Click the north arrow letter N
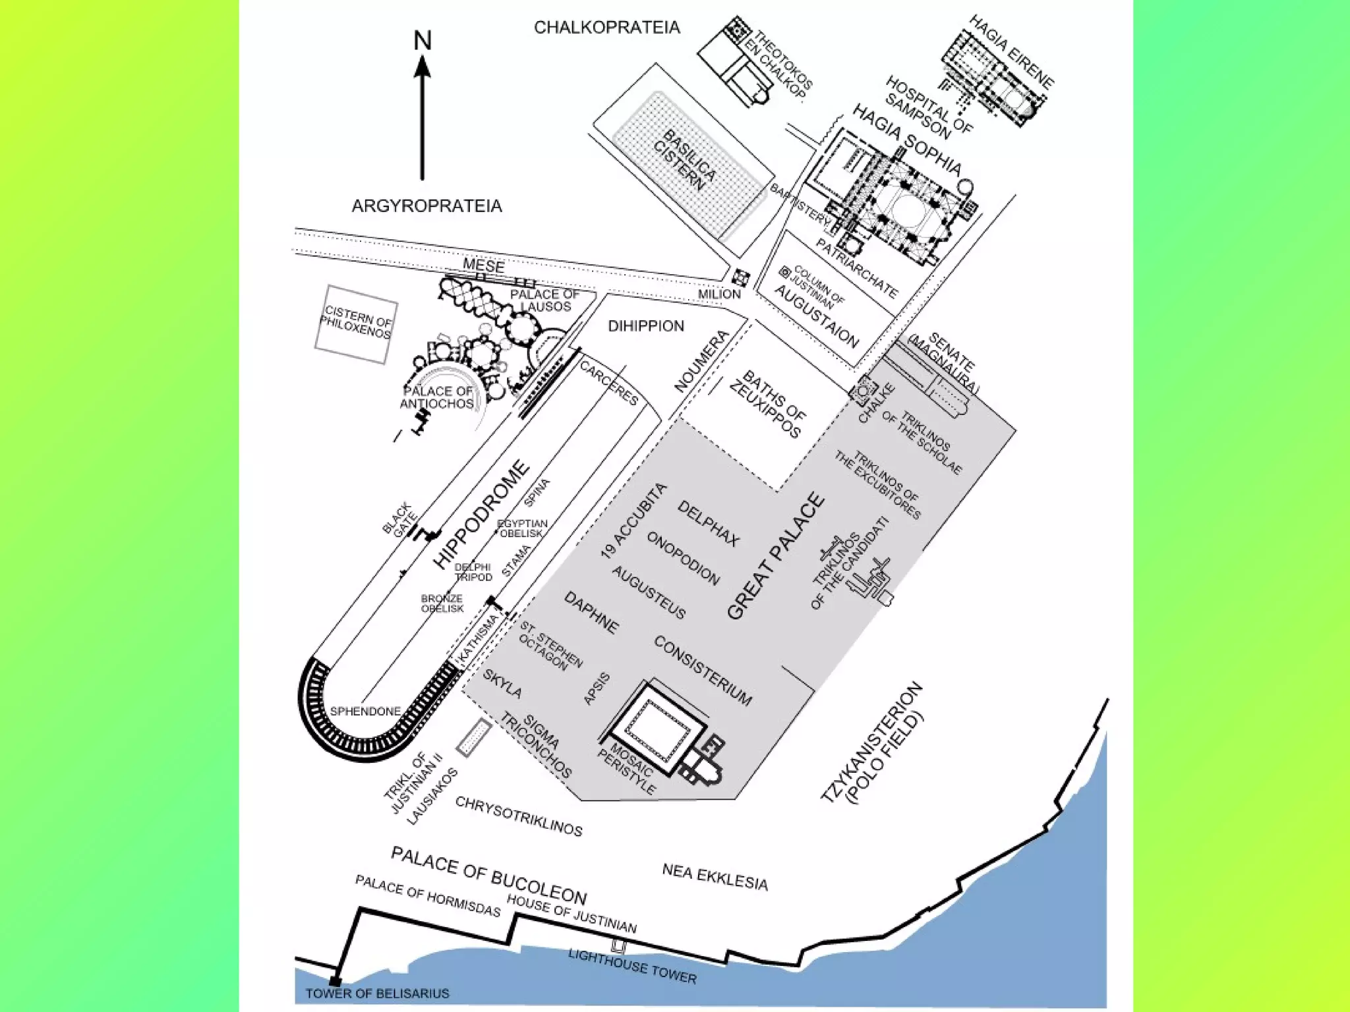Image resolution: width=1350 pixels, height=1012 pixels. (x=423, y=41)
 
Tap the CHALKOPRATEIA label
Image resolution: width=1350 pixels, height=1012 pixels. (x=606, y=28)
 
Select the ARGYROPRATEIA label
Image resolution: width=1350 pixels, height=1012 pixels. (x=426, y=206)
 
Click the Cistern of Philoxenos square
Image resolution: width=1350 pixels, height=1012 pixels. (x=356, y=323)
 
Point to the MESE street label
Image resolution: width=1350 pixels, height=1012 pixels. (x=483, y=266)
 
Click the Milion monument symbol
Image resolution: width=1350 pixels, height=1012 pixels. (x=740, y=277)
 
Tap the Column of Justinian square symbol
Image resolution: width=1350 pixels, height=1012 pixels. (x=784, y=272)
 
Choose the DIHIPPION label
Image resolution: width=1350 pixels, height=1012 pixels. (x=645, y=326)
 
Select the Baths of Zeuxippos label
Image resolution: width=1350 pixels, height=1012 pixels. (x=767, y=404)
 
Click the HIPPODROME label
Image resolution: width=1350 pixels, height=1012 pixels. (x=482, y=515)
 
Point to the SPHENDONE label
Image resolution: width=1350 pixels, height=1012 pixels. (x=365, y=712)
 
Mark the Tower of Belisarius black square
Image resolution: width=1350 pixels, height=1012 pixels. (x=335, y=981)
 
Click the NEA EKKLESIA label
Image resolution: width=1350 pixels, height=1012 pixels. (x=715, y=877)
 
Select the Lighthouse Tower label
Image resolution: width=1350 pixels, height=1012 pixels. (x=631, y=966)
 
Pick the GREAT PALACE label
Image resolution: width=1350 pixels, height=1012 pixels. (x=776, y=556)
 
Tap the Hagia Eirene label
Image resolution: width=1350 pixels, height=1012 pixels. (x=1011, y=51)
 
